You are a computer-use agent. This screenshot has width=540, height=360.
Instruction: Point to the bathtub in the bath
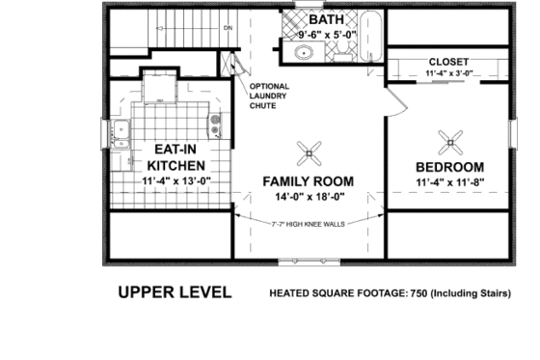(x=370, y=38)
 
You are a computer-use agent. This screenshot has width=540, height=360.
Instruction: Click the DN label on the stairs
(x=229, y=28)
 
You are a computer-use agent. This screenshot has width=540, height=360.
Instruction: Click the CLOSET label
(x=448, y=60)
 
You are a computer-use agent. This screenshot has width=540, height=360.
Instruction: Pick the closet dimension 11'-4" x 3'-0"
(x=448, y=73)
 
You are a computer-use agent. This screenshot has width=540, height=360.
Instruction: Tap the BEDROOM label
(x=448, y=165)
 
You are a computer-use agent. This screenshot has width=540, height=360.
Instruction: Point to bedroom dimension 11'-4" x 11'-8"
(x=448, y=182)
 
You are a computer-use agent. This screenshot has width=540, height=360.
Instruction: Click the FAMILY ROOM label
(x=308, y=181)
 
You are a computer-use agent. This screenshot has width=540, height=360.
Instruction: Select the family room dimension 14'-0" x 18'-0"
(x=308, y=199)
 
